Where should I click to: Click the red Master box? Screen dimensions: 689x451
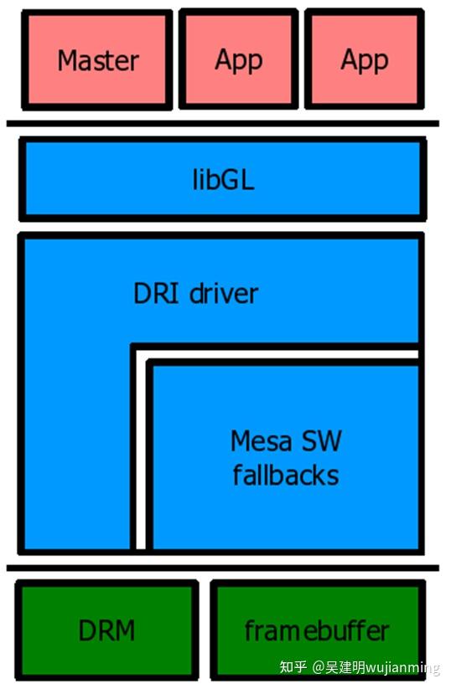97,59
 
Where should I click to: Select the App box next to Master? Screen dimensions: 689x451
238,59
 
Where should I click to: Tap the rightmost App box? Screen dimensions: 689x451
364,59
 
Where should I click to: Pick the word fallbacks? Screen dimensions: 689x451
286,476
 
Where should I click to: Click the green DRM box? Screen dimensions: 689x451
106,630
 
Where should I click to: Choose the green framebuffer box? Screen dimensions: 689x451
317,630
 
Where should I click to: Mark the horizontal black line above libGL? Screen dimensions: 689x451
222,124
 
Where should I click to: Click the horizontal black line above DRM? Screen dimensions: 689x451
222,568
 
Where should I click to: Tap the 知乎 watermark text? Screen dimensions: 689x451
293,667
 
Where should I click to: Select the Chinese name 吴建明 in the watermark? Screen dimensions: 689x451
345,667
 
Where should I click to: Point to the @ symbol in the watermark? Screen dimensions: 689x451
319,667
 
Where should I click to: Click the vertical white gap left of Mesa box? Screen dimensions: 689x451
141,452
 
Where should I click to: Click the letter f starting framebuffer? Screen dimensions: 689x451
249,630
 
